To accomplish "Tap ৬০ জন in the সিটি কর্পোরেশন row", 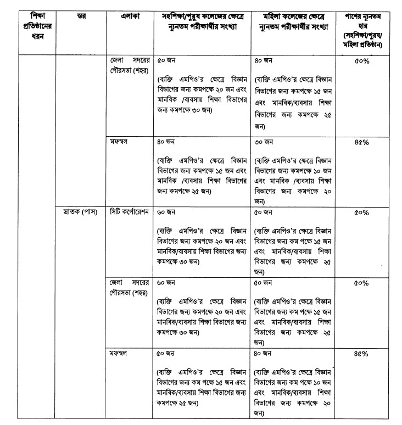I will (166, 211).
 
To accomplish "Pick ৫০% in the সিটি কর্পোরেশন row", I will (361, 211).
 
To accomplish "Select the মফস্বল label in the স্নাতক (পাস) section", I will (119, 353).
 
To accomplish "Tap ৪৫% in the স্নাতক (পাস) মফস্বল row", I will (361, 353).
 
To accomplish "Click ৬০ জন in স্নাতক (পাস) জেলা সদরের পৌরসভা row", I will (166, 283).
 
